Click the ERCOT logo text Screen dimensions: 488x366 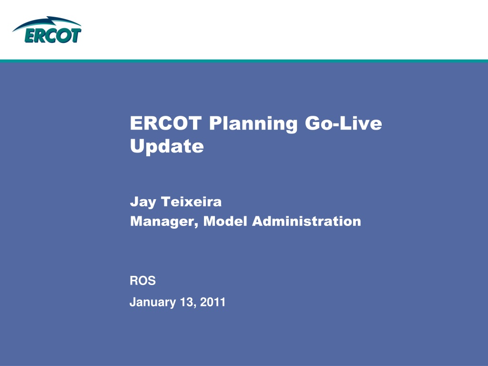(x=53, y=35)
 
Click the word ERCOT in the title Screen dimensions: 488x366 (x=166, y=123)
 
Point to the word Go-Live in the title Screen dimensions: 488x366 (x=343, y=123)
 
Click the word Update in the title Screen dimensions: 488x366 (x=167, y=146)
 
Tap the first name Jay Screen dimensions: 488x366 (x=143, y=202)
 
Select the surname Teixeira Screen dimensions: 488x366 (x=191, y=202)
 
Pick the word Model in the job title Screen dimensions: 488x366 (x=225, y=221)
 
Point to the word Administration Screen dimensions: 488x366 (x=306, y=221)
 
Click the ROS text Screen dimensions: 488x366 (x=142, y=281)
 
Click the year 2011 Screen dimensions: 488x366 (x=213, y=302)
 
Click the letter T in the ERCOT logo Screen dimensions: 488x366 (x=76, y=35)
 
